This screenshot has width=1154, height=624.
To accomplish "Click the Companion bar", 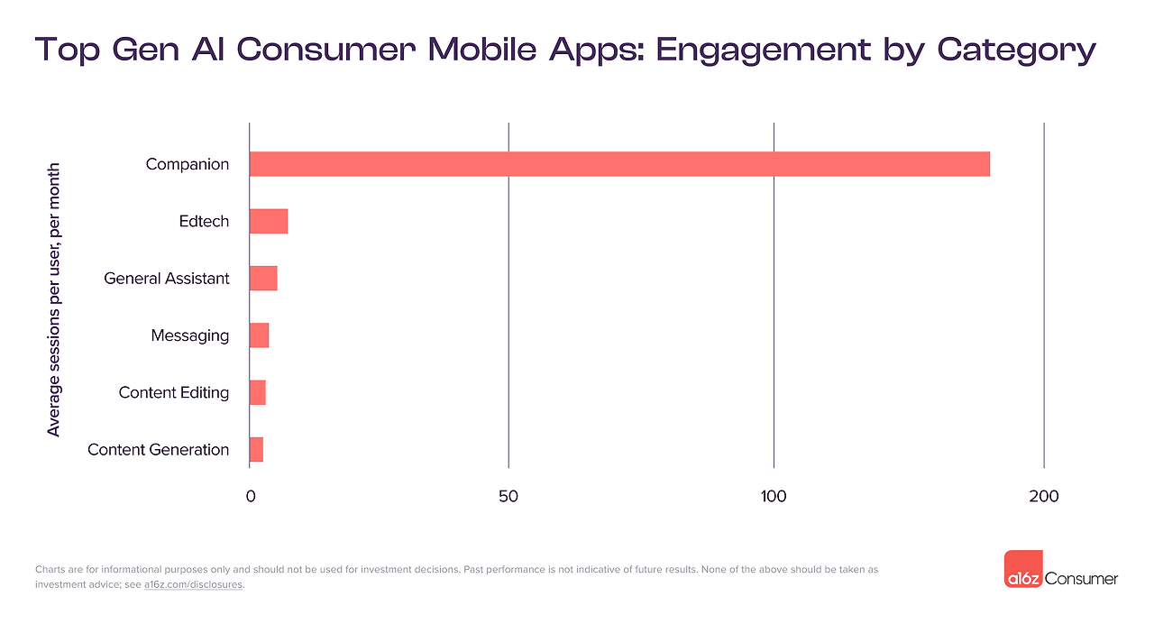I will tap(619, 164).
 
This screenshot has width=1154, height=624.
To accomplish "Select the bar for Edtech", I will tap(269, 221).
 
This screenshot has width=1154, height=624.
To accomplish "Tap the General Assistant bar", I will tap(263, 279).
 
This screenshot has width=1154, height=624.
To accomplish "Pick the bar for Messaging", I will tap(260, 335).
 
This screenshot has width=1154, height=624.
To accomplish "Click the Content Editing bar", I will tap(258, 392).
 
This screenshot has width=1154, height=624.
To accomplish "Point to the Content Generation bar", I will tap(257, 449).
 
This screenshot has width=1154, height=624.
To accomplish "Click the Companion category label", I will tap(188, 164).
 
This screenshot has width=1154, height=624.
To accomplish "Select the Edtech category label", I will tap(204, 221).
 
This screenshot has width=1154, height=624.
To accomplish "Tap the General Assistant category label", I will tap(167, 279).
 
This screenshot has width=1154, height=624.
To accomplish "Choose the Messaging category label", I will tap(190, 335).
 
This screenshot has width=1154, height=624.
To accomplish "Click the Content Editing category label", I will tap(174, 392).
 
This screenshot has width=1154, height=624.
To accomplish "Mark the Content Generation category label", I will tap(159, 449).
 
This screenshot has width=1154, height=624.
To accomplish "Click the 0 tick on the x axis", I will tap(250, 496).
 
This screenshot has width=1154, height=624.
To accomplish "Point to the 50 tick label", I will tap(508, 496).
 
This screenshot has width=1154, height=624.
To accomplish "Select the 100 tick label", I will tap(774, 496).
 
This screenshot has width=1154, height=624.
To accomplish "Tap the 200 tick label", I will tap(1044, 496).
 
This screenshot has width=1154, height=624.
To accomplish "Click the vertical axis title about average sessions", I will tap(54, 299).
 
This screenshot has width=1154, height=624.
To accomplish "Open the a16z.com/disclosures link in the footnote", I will tap(194, 584).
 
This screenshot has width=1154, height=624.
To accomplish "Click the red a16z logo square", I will tap(1023, 569).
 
